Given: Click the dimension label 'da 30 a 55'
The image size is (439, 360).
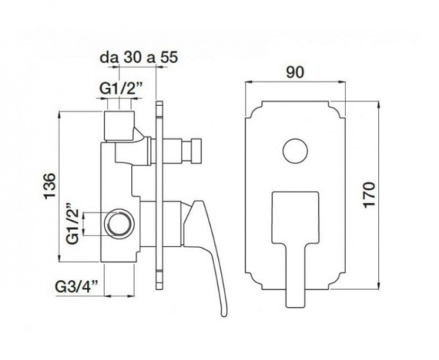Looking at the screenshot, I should (139, 56).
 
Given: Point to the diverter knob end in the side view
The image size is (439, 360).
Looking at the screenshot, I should (192, 151).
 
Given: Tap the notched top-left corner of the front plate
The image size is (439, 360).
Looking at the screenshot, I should (250, 110).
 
